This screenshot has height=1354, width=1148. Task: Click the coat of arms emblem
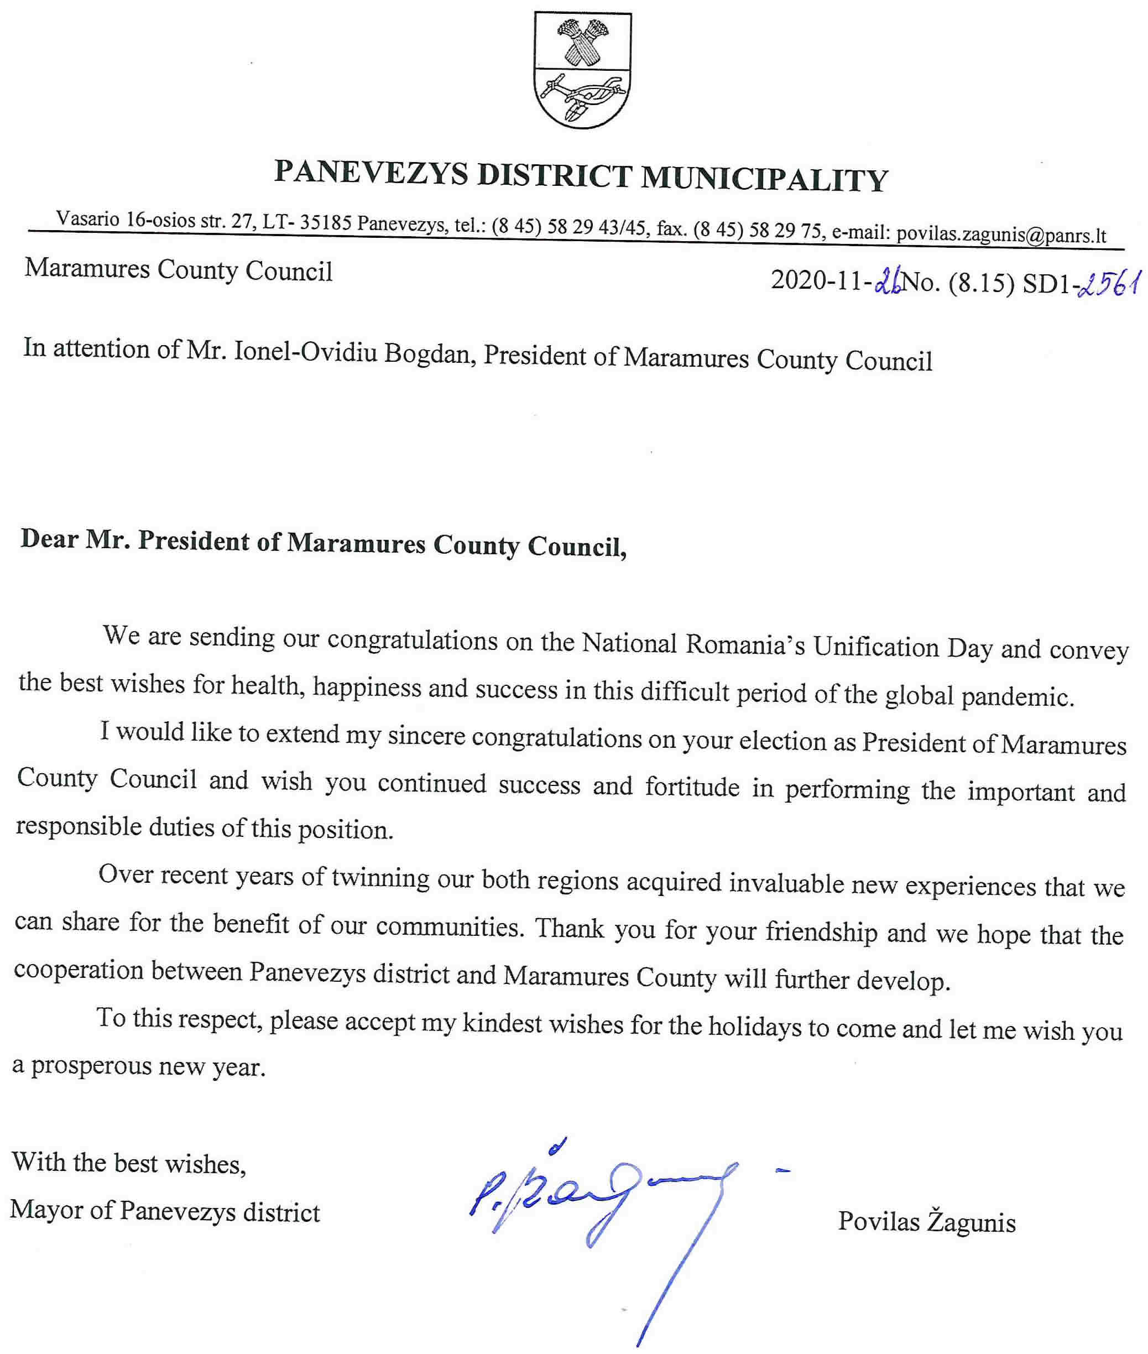582,70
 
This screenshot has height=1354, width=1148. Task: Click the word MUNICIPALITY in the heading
765,179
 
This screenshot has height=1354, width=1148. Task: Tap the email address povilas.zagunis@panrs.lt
1001,235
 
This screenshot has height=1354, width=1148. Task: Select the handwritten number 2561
1110,284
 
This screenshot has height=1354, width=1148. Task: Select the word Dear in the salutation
49,539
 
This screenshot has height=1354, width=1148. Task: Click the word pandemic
1017,697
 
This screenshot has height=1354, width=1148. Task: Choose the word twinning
380,878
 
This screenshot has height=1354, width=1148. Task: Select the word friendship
821,932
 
